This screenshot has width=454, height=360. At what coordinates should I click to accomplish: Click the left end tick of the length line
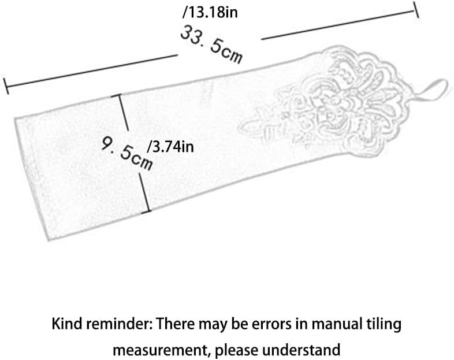(6, 86)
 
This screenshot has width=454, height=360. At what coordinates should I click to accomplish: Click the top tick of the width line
(120, 95)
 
